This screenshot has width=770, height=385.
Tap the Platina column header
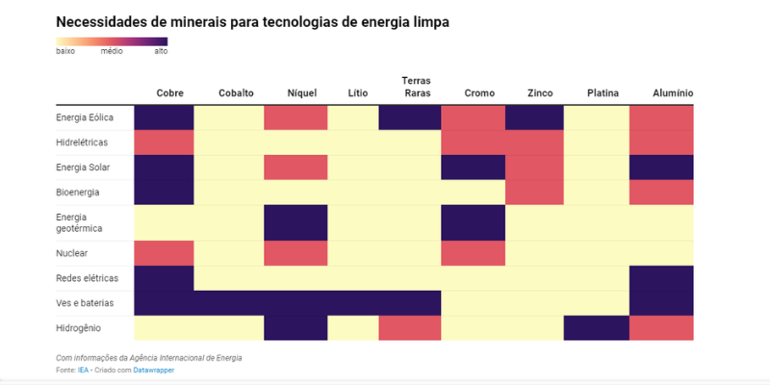pyautogui.click(x=603, y=93)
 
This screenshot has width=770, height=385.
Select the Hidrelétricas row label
pyautogui.click(x=81, y=141)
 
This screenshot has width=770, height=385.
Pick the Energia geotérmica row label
pyautogui.click(x=78, y=223)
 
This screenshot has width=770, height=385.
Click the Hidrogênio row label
pyautogui.click(x=78, y=328)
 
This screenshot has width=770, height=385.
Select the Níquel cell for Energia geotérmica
pyautogui.click(x=295, y=223)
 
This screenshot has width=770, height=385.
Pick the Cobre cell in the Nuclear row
pyautogui.click(x=164, y=253)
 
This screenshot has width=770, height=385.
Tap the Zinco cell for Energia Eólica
pyautogui.click(x=534, y=117)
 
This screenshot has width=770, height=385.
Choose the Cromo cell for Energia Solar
pyautogui.click(x=474, y=167)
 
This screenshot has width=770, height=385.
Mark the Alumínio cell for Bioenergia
pyautogui.click(x=661, y=192)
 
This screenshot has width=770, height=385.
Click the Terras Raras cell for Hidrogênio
pyautogui.click(x=410, y=328)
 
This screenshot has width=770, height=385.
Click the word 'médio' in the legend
pyautogui.click(x=112, y=51)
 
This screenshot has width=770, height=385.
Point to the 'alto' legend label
pyautogui.click(x=161, y=51)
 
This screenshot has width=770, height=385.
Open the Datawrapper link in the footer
pyautogui.click(x=154, y=370)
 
